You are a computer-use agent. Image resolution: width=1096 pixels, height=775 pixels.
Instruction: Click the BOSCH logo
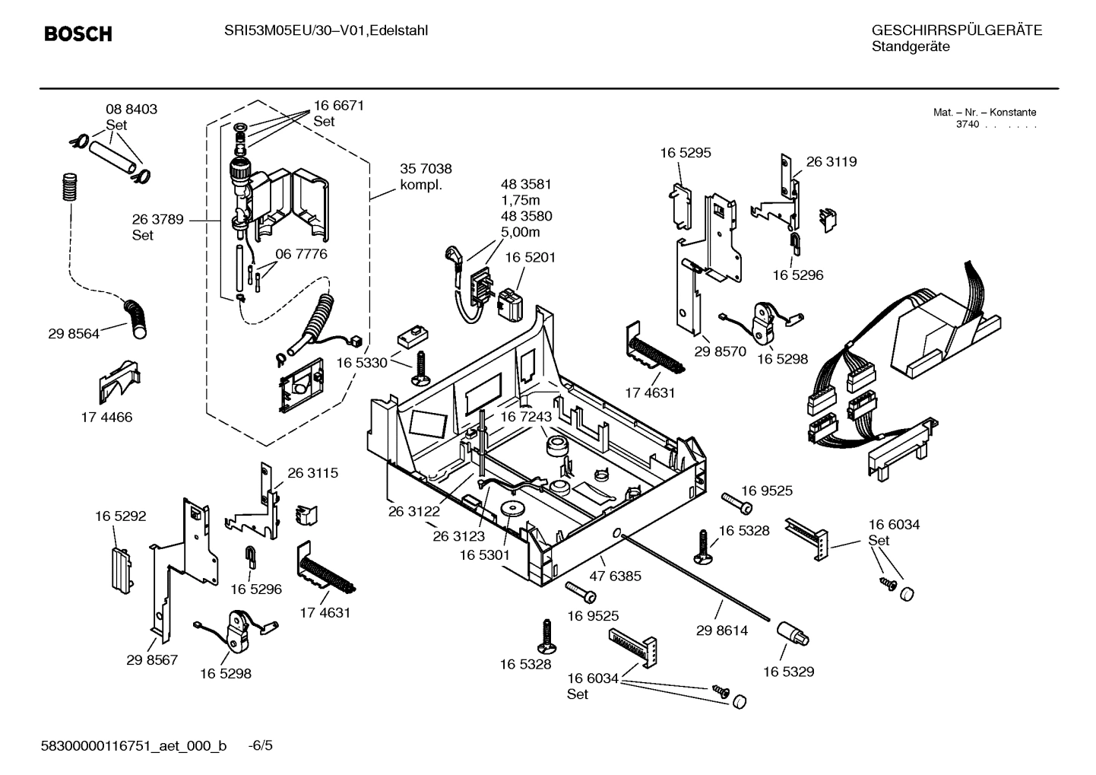pyautogui.click(x=78, y=34)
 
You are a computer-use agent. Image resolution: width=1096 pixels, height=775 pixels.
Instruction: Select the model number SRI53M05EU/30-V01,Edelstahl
pyautogui.click(x=326, y=30)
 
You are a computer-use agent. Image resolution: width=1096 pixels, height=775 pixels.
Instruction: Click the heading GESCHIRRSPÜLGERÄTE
pyautogui.click(x=956, y=30)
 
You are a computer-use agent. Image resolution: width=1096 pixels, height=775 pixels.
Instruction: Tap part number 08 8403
pyautogui.click(x=131, y=110)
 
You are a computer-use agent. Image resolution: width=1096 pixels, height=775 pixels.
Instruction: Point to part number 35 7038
pyautogui.click(x=426, y=169)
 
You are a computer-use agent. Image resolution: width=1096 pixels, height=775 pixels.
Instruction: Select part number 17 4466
pyautogui.click(x=106, y=417)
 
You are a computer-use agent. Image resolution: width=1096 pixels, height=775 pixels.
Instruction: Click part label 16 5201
pyautogui.click(x=530, y=258)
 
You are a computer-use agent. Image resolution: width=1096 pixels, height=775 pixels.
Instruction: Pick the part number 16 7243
pyautogui.click(x=525, y=417)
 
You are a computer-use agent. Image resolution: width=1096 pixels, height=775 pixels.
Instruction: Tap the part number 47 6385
pyautogui.click(x=615, y=576)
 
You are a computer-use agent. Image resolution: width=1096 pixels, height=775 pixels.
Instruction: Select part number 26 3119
pyautogui.click(x=831, y=162)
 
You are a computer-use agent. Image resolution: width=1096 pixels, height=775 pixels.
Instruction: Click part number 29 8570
pyautogui.click(x=720, y=351)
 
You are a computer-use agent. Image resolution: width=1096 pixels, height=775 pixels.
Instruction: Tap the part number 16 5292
pyautogui.click(x=120, y=516)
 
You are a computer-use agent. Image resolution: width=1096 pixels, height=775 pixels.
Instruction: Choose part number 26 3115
pyautogui.click(x=312, y=473)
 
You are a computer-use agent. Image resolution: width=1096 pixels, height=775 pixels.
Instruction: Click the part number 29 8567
pyautogui.click(x=152, y=659)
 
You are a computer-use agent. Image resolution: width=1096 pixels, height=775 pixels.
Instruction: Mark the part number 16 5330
pyautogui.click(x=362, y=363)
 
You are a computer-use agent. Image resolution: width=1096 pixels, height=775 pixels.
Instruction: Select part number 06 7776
pyautogui.click(x=301, y=254)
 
